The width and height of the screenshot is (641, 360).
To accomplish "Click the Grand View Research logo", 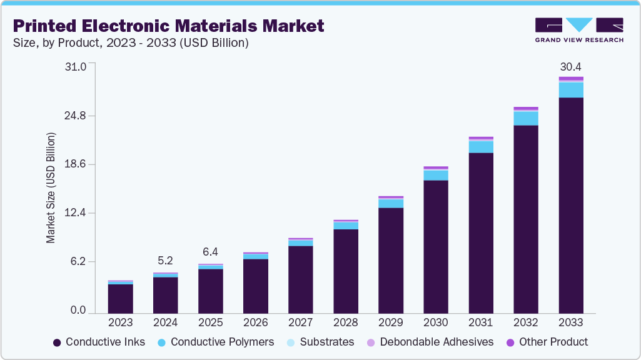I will pyautogui.click(x=579, y=29).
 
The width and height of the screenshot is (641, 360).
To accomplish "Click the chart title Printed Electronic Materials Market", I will pyautogui.click(x=169, y=26).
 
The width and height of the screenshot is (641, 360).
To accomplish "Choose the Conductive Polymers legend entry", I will pyautogui.click(x=216, y=342).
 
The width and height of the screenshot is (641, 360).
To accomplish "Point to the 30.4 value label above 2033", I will pyautogui.click(x=570, y=66).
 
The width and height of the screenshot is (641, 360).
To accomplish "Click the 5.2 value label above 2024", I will pyautogui.click(x=165, y=260).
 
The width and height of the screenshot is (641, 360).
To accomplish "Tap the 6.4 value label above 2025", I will pyautogui.click(x=210, y=252).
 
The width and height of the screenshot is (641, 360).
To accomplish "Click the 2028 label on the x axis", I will pyautogui.click(x=345, y=322).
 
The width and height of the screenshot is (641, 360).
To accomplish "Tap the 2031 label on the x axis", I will pyautogui.click(x=480, y=322).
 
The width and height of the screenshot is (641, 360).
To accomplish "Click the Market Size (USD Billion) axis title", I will pyautogui.click(x=51, y=188).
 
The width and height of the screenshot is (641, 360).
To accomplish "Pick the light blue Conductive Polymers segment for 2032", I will pyautogui.click(x=525, y=118).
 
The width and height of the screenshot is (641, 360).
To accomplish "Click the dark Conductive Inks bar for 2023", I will pyautogui.click(x=120, y=298).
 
